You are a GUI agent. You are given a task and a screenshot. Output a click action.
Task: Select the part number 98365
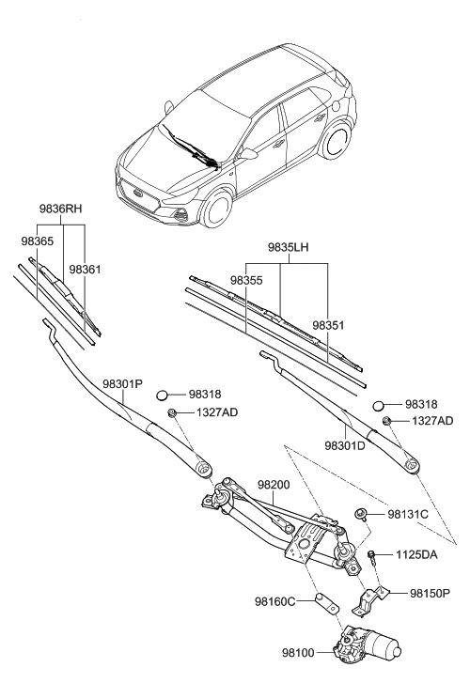(37, 241)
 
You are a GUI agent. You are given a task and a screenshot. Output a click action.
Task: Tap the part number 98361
(86, 270)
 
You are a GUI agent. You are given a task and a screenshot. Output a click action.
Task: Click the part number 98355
(247, 280)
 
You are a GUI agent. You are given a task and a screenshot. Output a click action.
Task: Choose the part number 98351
(329, 324)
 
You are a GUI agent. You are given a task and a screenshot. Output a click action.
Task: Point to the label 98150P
(431, 593)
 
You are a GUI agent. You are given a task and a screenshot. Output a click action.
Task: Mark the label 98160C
(277, 600)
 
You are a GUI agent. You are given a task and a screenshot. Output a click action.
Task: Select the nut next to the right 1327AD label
(386, 419)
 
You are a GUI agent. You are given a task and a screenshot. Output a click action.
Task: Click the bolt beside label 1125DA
(373, 556)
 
